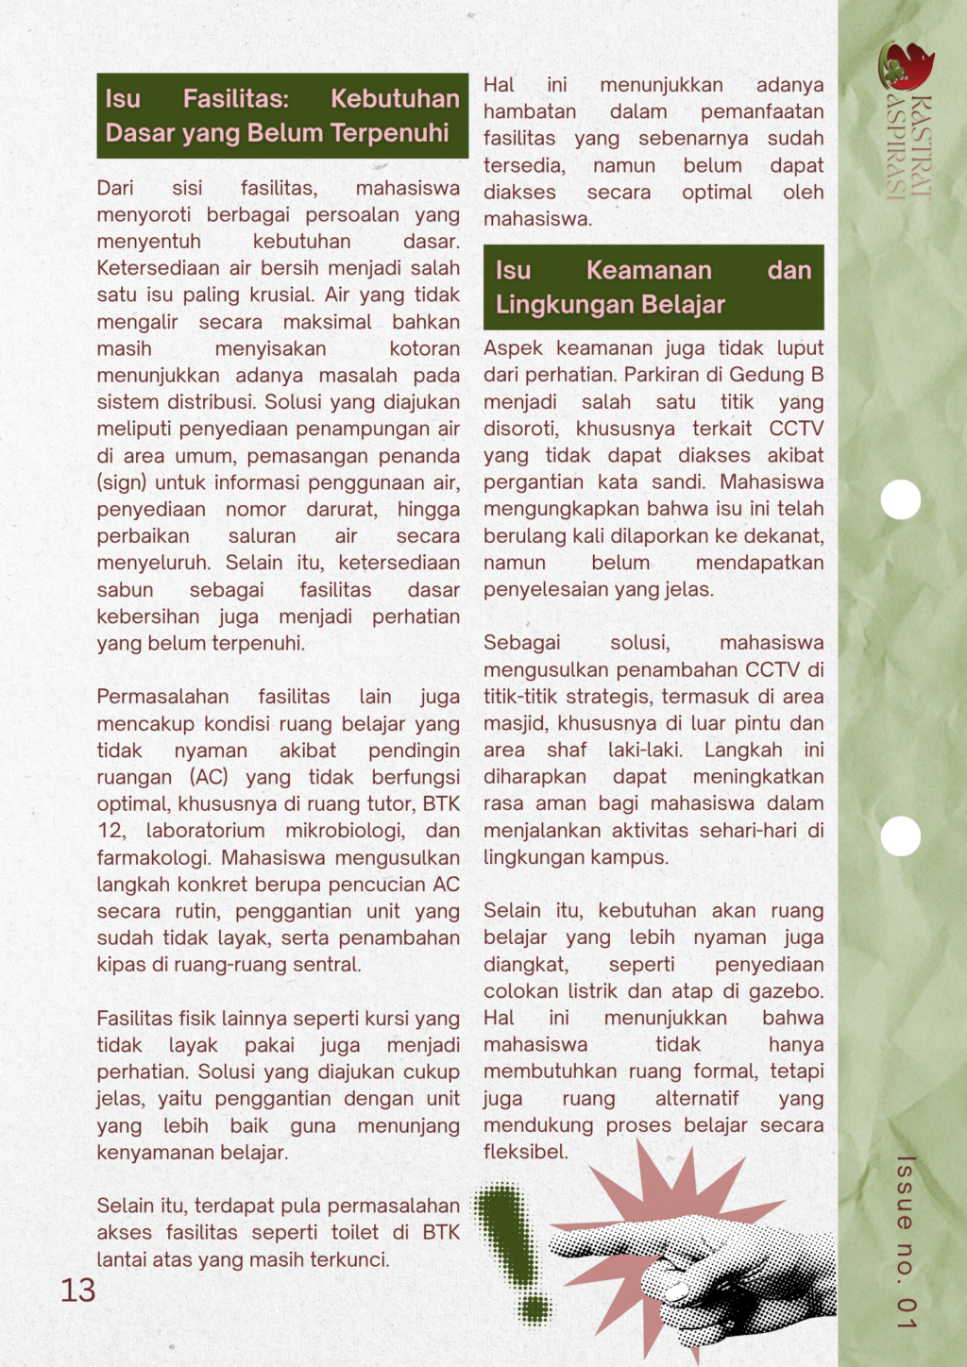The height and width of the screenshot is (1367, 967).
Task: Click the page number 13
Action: (78, 1290)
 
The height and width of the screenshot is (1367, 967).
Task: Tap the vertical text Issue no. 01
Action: (906, 1241)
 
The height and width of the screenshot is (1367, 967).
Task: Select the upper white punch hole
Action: (901, 499)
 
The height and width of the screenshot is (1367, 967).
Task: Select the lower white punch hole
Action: (901, 835)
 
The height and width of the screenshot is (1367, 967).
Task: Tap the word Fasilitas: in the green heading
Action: (236, 99)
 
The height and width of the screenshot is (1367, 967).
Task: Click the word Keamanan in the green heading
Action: (649, 271)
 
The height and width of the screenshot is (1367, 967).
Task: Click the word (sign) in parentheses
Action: (123, 482)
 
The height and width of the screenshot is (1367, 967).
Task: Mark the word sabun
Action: (125, 590)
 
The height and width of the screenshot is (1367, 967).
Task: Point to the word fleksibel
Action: (525, 1152)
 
